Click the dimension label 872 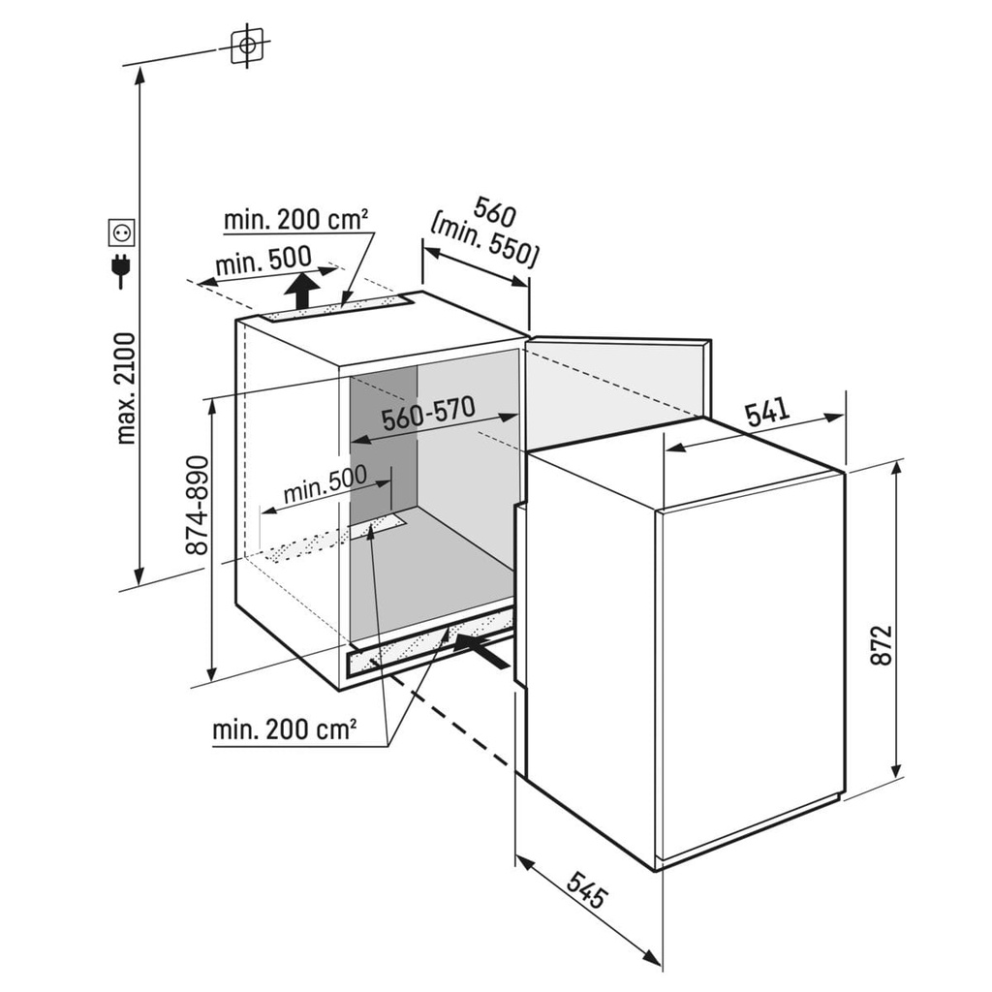881,644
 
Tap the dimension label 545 588,889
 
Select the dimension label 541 767,413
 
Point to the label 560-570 428,414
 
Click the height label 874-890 197,505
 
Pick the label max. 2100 126,388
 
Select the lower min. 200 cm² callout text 284,729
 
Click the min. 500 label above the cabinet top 263,260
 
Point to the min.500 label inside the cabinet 325,484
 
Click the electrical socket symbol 121,232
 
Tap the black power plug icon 120,271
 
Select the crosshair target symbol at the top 247,46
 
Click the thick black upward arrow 301,292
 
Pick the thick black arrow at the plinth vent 480,650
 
